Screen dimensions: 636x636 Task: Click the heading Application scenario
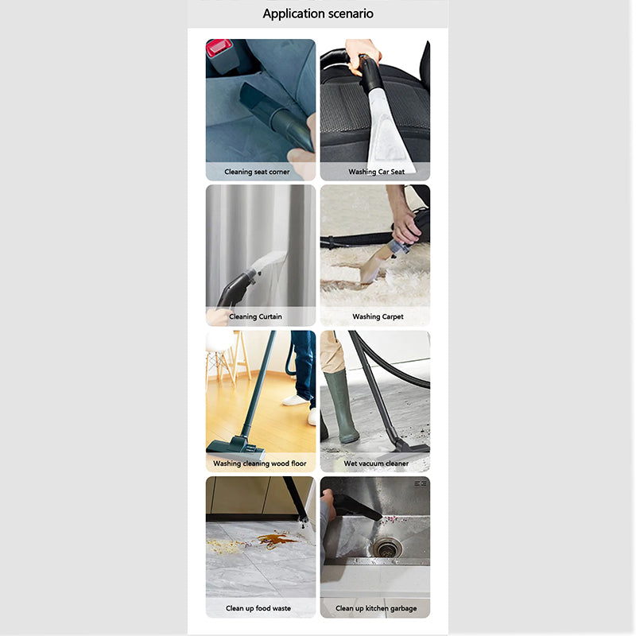click(x=318, y=14)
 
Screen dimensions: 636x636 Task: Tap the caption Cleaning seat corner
click(x=257, y=172)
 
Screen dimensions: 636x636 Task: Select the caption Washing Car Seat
click(x=376, y=172)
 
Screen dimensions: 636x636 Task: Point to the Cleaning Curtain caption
click(x=255, y=316)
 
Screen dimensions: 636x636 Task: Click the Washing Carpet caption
click(x=378, y=316)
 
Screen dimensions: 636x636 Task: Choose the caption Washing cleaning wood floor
click(x=260, y=463)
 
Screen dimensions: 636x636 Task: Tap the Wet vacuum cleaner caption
click(x=376, y=463)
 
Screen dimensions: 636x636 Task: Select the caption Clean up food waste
click(x=258, y=608)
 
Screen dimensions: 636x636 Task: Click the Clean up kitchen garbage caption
click(x=376, y=608)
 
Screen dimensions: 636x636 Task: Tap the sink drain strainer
click(x=387, y=548)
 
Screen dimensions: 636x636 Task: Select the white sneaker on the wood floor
click(x=295, y=401)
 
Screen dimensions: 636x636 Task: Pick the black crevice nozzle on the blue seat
click(x=276, y=115)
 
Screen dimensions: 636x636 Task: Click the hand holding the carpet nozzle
click(x=405, y=228)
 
